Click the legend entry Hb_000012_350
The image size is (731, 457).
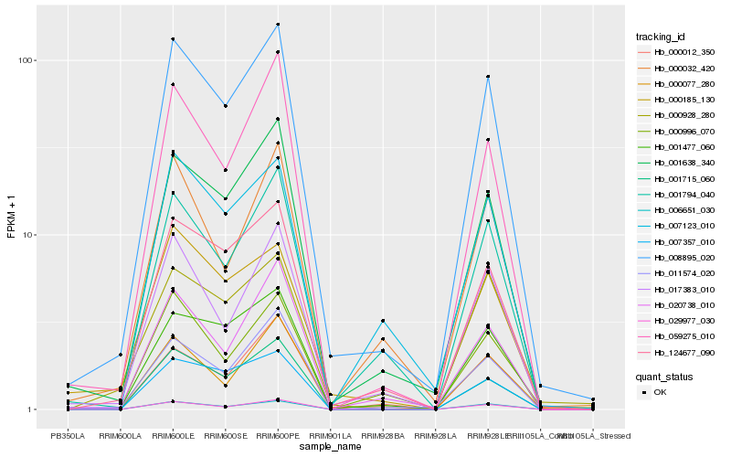point(677,52)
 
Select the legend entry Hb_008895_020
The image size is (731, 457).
point(677,258)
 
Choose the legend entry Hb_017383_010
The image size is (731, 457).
point(677,289)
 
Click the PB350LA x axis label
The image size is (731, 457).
point(68,435)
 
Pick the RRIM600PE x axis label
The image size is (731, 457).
point(278,435)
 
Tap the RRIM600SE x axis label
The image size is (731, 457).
point(225,435)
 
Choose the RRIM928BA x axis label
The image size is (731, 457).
point(382,435)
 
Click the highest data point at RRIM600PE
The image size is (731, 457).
point(278,25)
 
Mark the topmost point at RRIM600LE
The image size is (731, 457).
point(173,39)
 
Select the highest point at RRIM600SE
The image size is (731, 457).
point(225,106)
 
